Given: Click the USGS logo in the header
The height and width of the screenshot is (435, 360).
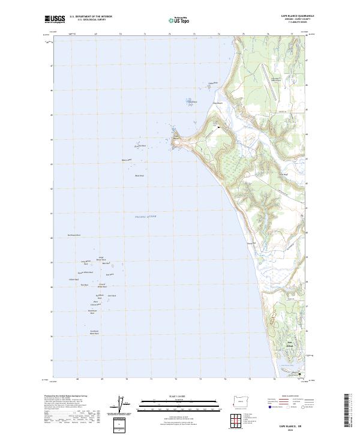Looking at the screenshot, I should (55, 19).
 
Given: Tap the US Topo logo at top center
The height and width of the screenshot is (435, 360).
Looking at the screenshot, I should (180, 20).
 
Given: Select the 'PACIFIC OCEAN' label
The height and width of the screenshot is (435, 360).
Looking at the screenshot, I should (145, 216).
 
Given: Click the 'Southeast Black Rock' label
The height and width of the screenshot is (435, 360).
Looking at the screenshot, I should (94, 332).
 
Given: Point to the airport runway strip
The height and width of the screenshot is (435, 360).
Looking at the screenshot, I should (269, 83).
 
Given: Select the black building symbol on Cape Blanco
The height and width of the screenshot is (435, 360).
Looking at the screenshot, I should (219, 127).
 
